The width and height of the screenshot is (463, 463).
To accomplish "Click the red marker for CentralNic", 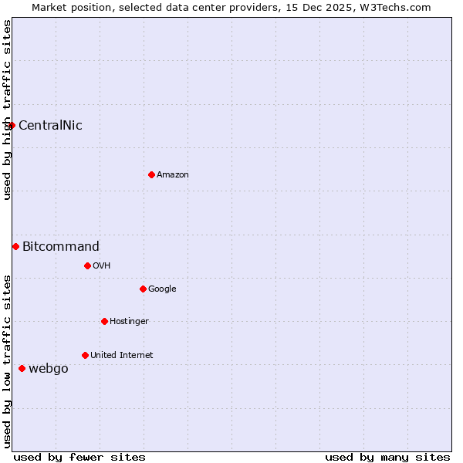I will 12,125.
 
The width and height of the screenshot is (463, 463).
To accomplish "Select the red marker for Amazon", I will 151,174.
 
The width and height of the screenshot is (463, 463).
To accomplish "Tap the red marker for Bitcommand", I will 15,246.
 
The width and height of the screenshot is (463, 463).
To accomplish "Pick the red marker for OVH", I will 87,265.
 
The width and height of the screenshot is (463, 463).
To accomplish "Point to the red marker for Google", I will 143,289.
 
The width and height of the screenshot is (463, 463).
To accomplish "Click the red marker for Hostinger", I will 104,321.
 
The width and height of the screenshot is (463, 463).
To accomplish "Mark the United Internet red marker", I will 85,355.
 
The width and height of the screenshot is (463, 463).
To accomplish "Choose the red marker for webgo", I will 22,368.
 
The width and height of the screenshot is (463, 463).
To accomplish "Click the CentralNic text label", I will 50,125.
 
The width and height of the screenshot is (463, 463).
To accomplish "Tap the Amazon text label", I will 173,174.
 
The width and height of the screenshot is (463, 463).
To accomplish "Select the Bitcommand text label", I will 61,247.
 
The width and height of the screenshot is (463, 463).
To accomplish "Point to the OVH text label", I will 102,265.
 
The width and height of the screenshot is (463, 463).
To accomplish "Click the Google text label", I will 162,289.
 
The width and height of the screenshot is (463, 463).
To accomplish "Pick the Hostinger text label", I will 129,321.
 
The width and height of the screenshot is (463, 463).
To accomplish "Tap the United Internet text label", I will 122,355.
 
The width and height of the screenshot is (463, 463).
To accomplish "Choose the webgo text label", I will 49,369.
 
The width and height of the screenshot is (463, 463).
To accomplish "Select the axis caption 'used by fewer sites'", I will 79,457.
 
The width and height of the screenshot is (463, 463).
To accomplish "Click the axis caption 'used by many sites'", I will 387,457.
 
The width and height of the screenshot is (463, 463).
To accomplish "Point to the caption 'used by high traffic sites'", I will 7,110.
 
